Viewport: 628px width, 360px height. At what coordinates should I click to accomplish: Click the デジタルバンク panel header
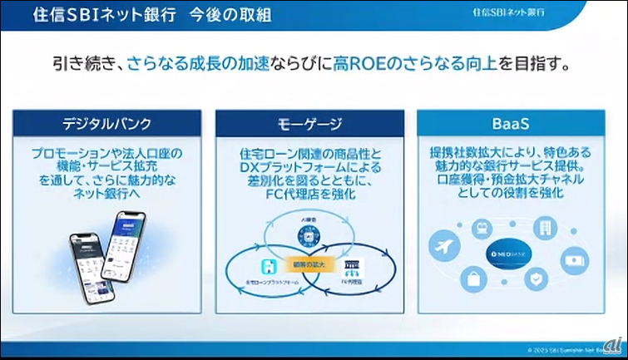point(107,126)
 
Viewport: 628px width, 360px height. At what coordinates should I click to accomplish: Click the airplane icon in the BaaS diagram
point(443,246)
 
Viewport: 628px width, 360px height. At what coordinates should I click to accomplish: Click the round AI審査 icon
point(309,236)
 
